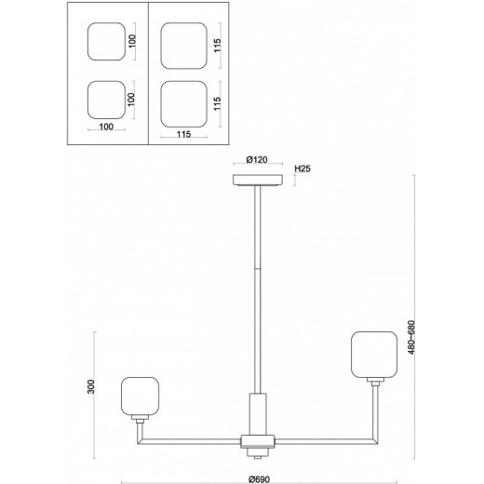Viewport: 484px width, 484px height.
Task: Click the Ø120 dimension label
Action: click(x=257, y=160)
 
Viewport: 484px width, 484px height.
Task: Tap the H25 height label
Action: click(x=302, y=168)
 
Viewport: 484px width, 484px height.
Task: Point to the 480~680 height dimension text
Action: click(x=411, y=337)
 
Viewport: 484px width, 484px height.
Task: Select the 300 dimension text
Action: click(x=90, y=386)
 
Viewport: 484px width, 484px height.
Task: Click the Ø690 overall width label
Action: click(x=260, y=479)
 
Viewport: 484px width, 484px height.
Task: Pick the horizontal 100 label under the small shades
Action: click(x=106, y=127)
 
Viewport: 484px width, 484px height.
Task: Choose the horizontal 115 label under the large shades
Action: click(x=183, y=134)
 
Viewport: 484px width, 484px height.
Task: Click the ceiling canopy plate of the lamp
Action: click(x=258, y=180)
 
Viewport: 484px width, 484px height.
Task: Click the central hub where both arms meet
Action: click(x=258, y=441)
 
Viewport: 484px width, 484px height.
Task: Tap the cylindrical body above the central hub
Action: click(x=258, y=414)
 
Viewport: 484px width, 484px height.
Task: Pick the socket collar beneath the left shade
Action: click(x=140, y=419)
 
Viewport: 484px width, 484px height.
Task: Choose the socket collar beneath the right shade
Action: click(x=375, y=382)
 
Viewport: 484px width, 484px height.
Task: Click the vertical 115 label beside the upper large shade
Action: click(x=217, y=46)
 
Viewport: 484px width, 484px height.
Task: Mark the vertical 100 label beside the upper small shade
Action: click(x=132, y=41)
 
